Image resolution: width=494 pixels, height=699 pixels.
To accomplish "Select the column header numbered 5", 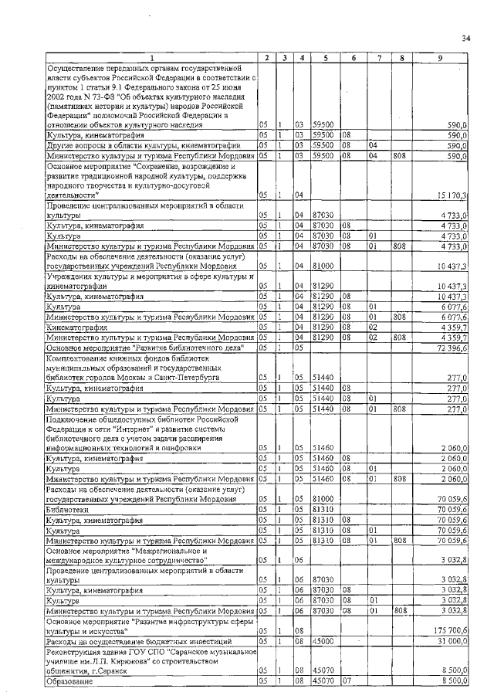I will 327,59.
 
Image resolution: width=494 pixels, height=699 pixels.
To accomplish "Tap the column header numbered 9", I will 440,59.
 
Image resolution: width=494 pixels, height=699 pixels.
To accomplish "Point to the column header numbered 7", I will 379,59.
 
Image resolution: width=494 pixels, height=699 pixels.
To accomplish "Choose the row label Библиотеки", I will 65,511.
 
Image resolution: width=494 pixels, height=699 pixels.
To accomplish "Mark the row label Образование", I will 69,683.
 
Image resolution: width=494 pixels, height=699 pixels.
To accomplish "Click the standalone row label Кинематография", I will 76,327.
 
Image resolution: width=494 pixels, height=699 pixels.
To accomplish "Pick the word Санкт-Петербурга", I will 184,378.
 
